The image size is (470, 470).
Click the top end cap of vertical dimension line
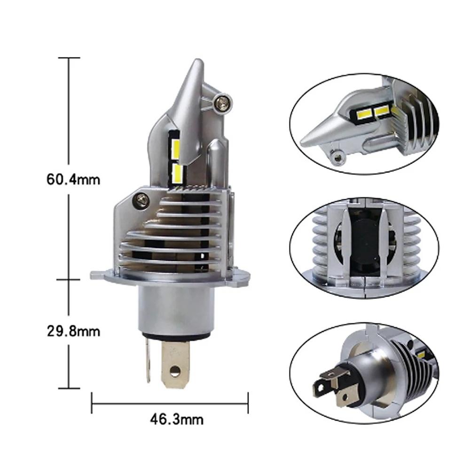click(x=69, y=58)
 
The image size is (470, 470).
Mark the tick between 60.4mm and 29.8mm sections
click(x=69, y=279)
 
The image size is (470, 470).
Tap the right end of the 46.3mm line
click(x=248, y=402)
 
